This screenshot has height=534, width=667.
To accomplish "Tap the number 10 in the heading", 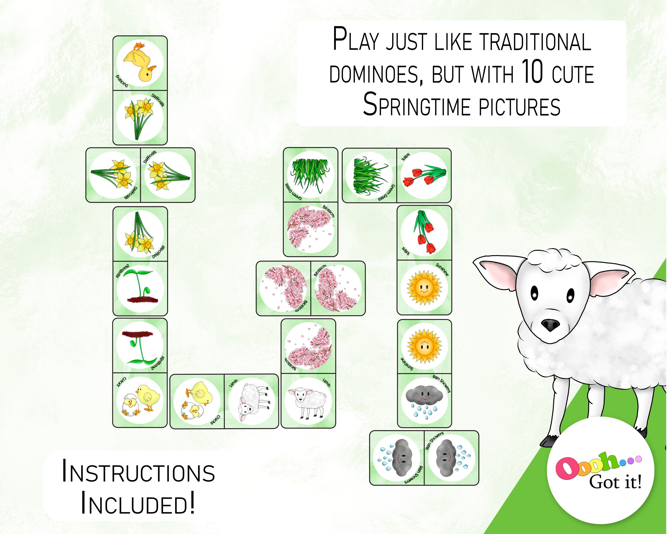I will pos(532,72).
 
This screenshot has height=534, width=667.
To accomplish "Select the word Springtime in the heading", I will pos(417,105).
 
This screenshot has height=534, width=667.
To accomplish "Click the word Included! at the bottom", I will pos(138,504).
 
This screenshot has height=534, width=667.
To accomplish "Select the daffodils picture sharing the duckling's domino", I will pos(140,117).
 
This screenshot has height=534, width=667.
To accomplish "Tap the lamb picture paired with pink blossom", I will pos(308,400).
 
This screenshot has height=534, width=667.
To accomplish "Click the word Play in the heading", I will pos(356,40).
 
